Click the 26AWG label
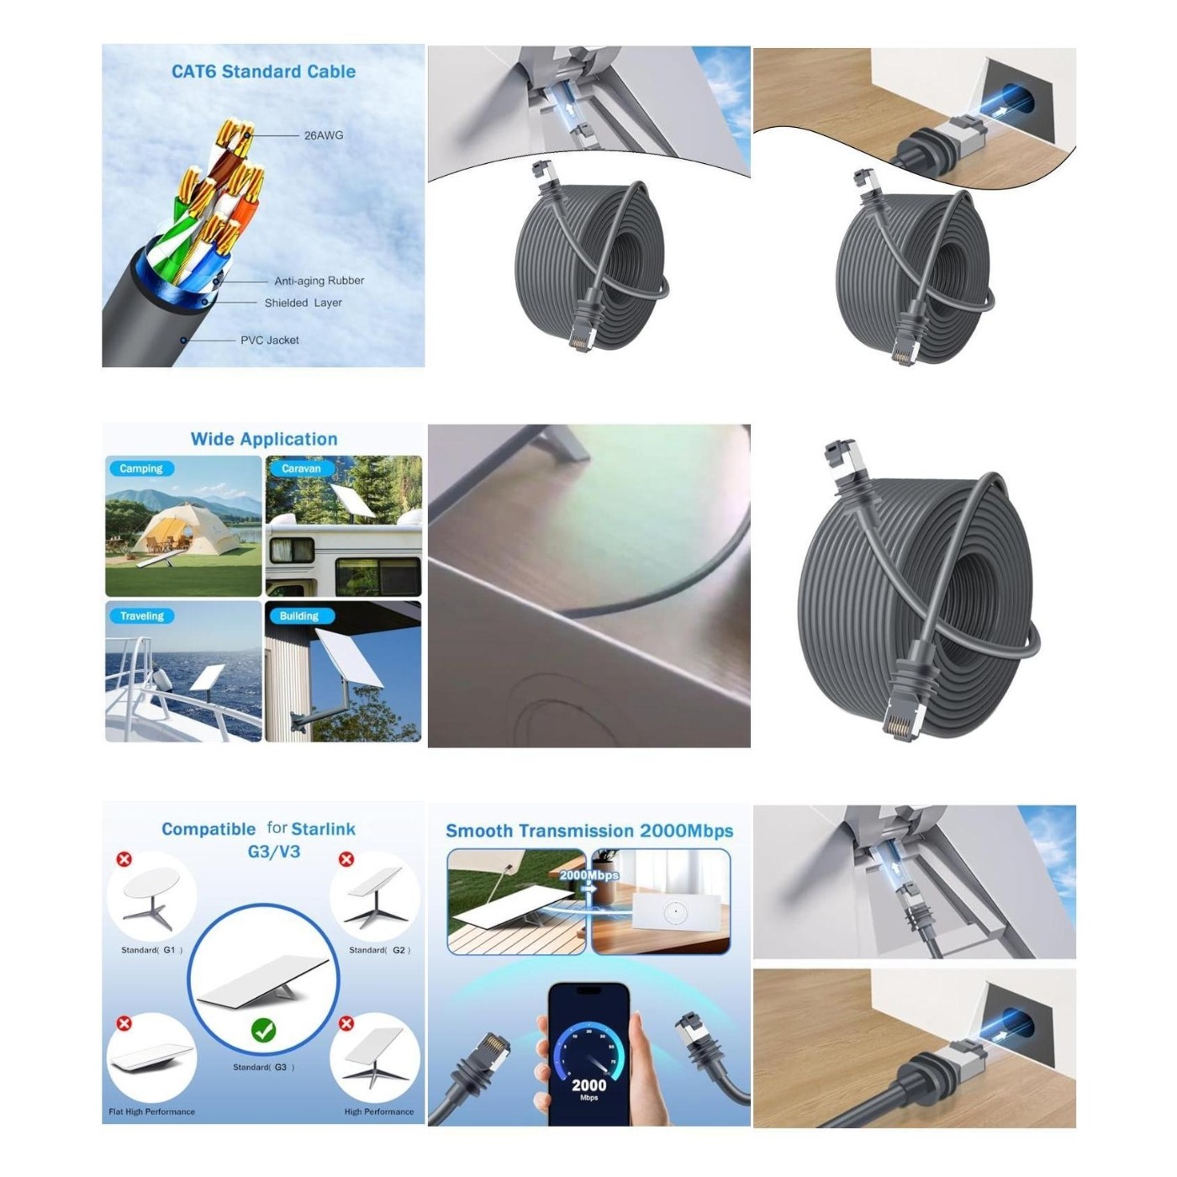[324, 135]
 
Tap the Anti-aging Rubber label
[319, 280]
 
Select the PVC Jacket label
[269, 340]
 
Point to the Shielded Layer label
[303, 303]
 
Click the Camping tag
[141, 468]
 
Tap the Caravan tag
[301, 468]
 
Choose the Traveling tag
[142, 616]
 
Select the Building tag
[298, 616]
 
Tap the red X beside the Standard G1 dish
[124, 859]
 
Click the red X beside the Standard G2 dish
[346, 859]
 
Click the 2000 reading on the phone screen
[588, 1085]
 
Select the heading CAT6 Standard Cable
[263, 71]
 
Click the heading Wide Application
[264, 439]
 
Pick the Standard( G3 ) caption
[264, 1067]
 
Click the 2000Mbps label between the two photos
[588, 874]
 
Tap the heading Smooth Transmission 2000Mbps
[589, 831]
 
